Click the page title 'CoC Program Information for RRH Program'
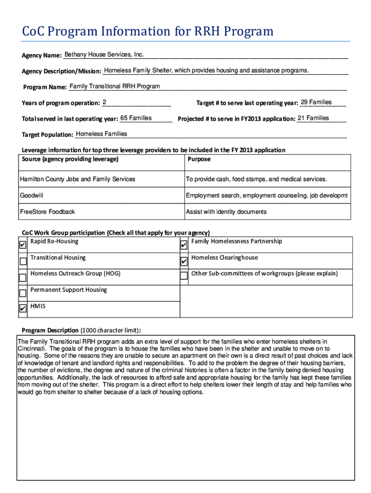click(x=147, y=32)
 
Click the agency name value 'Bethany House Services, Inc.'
click(x=104, y=54)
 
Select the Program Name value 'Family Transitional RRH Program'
click(x=115, y=87)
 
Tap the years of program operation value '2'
click(x=105, y=102)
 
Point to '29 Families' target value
click(x=316, y=102)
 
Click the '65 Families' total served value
click(x=136, y=118)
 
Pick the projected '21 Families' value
click(x=313, y=118)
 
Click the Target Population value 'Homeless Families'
click(x=102, y=134)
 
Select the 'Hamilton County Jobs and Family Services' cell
click(x=78, y=179)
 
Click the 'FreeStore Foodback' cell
click(x=47, y=212)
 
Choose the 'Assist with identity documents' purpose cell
click(x=226, y=212)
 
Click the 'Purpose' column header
click(x=199, y=159)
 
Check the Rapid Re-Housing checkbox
click(x=23, y=245)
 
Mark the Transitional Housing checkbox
click(x=23, y=261)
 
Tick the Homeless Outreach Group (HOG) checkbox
click(x=23, y=277)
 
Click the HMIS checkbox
click(x=23, y=309)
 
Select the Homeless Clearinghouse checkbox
click(x=184, y=261)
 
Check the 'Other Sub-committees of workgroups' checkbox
click(x=184, y=276)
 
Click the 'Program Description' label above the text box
click(x=50, y=330)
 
